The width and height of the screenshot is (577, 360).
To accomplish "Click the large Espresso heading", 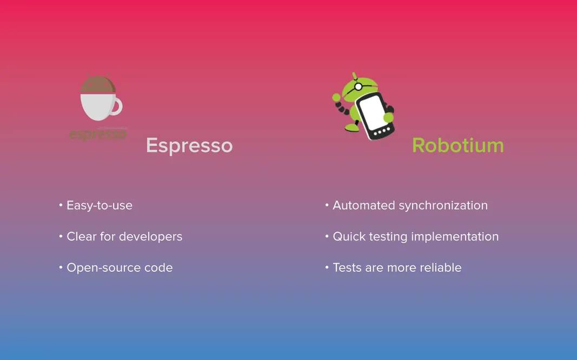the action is tap(189, 146).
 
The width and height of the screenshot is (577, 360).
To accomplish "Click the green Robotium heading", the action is tap(458, 145).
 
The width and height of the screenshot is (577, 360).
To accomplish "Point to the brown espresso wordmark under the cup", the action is tap(98, 134).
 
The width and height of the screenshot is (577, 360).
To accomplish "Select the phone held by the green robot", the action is tap(375, 116).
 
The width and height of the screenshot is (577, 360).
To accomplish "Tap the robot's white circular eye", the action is tap(358, 87).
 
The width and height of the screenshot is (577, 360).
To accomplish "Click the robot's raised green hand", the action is tap(336, 97).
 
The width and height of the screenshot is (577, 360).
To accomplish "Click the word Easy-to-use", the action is tap(100, 205).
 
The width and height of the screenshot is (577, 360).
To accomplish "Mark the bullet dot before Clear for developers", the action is tap(61, 236).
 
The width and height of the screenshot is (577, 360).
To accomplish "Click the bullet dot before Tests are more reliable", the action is tap(327, 268).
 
